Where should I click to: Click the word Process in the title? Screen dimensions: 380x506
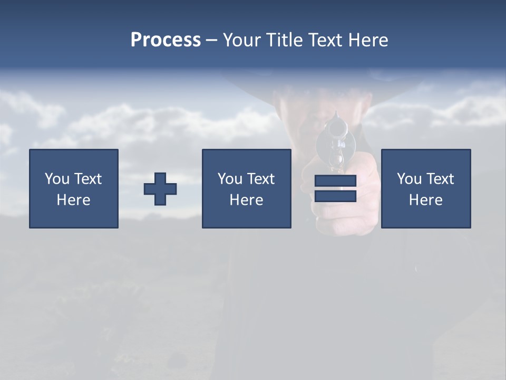click(166, 40)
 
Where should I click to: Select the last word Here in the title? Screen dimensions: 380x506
click(368, 40)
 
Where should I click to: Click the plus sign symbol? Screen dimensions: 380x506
click(160, 189)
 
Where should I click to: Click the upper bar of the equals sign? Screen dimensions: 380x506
click(335, 181)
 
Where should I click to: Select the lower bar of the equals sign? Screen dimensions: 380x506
click(335, 196)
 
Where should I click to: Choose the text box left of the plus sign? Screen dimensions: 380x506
click(74, 188)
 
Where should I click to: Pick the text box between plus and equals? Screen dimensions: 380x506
click(246, 188)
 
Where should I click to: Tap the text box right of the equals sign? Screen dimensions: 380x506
click(425, 188)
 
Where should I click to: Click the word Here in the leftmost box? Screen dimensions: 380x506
click(74, 200)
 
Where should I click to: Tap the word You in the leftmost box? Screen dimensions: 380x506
click(57, 179)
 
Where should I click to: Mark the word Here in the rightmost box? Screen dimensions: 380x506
click(425, 200)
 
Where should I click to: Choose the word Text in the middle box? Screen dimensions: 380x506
click(260, 179)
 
